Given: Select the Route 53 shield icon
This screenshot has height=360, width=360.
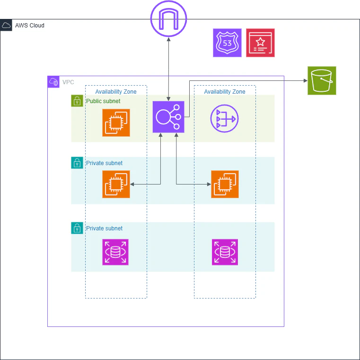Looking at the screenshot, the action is [227, 43].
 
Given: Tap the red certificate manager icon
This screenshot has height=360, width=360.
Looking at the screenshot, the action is [260, 43].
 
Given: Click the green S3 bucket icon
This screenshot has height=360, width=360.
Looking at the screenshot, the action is [322, 80].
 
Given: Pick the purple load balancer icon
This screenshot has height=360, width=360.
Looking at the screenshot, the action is [168, 117].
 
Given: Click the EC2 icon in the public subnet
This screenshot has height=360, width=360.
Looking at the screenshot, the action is [116, 123].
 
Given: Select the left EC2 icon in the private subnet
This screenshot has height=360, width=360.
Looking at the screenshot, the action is [116, 184].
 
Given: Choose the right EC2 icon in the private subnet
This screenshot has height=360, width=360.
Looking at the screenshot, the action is [225, 184].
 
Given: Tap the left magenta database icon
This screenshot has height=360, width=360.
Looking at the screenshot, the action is [115, 252].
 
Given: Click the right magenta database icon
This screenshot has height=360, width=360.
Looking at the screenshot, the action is [225, 252].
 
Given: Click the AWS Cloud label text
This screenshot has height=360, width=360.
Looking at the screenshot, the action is [30, 26].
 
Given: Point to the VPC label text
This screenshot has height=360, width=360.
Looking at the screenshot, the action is [68, 82].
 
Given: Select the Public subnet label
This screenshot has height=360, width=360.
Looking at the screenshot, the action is [103, 101].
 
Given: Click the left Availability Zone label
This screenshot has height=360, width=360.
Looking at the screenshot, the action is [116, 92].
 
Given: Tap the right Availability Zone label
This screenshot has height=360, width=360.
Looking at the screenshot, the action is [225, 92].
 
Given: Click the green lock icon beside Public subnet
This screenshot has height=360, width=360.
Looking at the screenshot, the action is [77, 101].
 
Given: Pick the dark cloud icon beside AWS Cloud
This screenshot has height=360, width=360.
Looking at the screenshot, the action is [6, 25].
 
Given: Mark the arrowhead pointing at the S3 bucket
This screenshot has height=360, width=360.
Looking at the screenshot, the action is [306, 80].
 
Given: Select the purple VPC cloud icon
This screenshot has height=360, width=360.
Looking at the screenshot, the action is [53, 82].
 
